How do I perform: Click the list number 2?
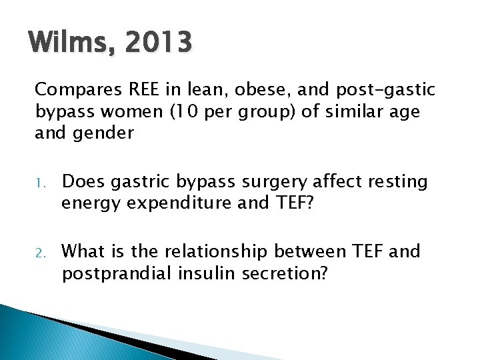pos(41,253)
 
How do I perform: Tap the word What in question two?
pos(82,251)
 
